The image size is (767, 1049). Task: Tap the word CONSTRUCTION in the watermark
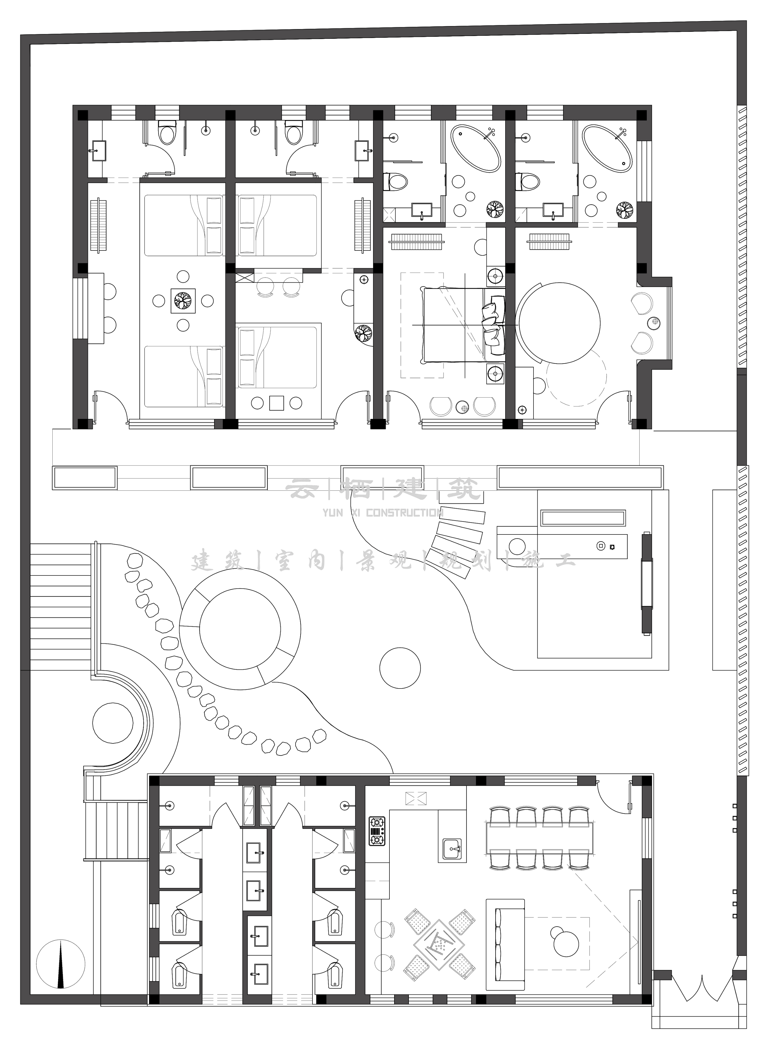tap(404, 513)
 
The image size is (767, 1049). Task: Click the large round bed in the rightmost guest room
tap(560, 324)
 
